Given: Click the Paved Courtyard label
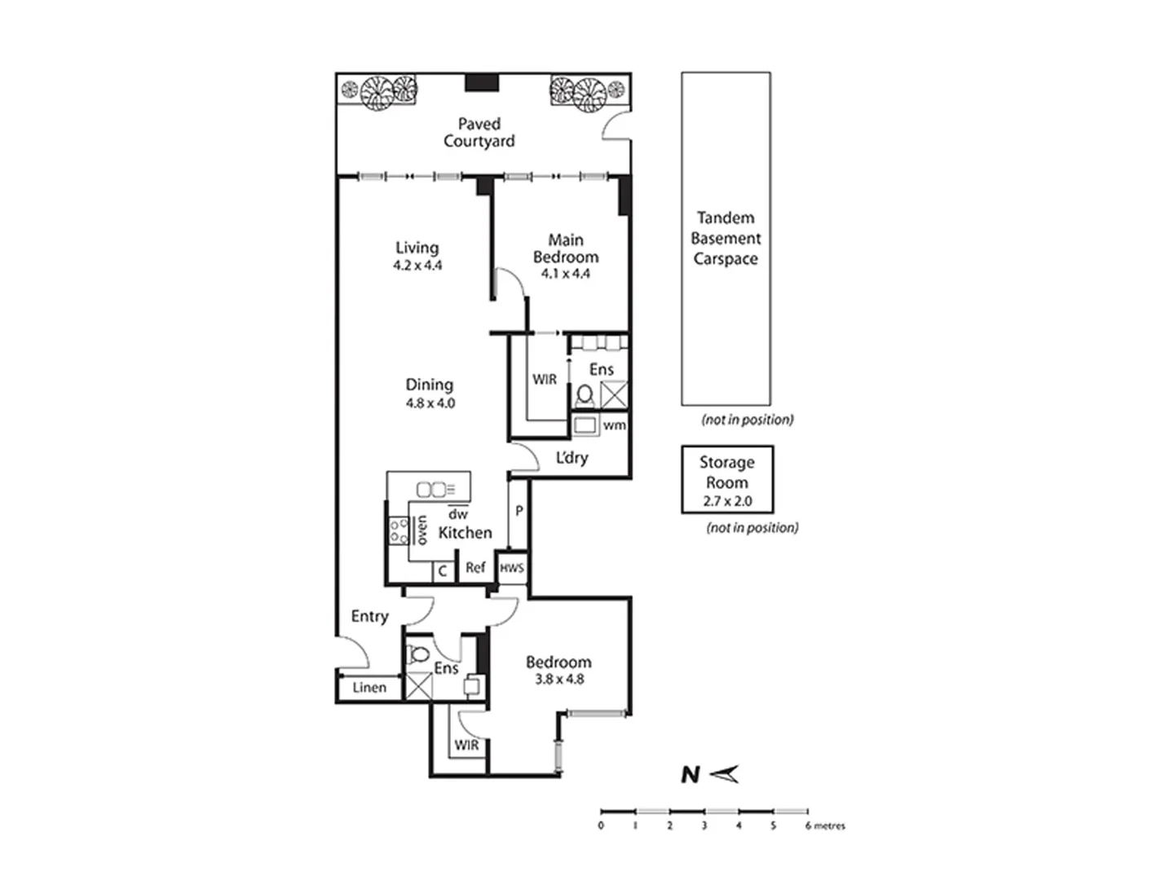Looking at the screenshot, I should [x=479, y=133].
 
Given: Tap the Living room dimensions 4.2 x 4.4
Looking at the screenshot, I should [x=417, y=266].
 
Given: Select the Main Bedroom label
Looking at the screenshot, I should [x=566, y=248].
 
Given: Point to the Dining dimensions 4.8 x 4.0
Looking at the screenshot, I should [x=430, y=403].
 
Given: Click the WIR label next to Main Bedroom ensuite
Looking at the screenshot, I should [x=545, y=379].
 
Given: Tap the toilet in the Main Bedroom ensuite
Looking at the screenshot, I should [x=584, y=396].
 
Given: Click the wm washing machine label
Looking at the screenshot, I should [x=614, y=425].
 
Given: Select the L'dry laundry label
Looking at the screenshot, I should [x=572, y=458].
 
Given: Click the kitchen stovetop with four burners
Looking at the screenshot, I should [x=399, y=530].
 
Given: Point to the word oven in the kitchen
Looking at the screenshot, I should [x=421, y=530].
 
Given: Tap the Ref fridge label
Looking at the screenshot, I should [x=475, y=568].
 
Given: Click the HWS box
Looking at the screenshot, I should [x=512, y=568].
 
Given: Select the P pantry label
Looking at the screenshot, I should [x=519, y=511].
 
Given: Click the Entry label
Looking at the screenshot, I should [x=369, y=617].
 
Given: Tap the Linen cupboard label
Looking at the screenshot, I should [x=369, y=688].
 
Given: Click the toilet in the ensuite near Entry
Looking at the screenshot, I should [x=420, y=653].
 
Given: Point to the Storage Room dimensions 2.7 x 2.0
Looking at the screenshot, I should [x=727, y=502].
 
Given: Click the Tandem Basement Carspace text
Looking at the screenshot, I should [x=726, y=239].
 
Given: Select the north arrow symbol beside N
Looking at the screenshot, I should [x=724, y=774].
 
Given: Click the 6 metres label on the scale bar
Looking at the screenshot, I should [x=825, y=826].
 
